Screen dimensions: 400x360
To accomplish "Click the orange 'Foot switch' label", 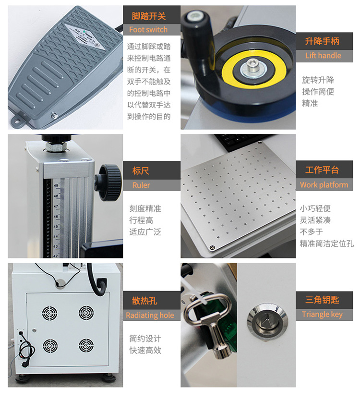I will point(148,30).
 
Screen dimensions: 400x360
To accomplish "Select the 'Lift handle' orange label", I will point(323,56).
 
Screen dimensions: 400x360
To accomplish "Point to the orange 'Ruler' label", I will point(141,185).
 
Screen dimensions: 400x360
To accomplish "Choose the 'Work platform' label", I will point(324,185).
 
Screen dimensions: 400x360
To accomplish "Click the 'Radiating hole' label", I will point(150,315).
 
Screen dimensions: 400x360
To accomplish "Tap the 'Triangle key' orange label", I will point(322,315).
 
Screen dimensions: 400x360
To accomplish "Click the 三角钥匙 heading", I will point(322,300).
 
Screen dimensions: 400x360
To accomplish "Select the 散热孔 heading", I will point(144,302).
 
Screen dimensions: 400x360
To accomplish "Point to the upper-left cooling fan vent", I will point(50,314).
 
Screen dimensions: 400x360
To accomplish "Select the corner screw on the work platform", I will point(212,247).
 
